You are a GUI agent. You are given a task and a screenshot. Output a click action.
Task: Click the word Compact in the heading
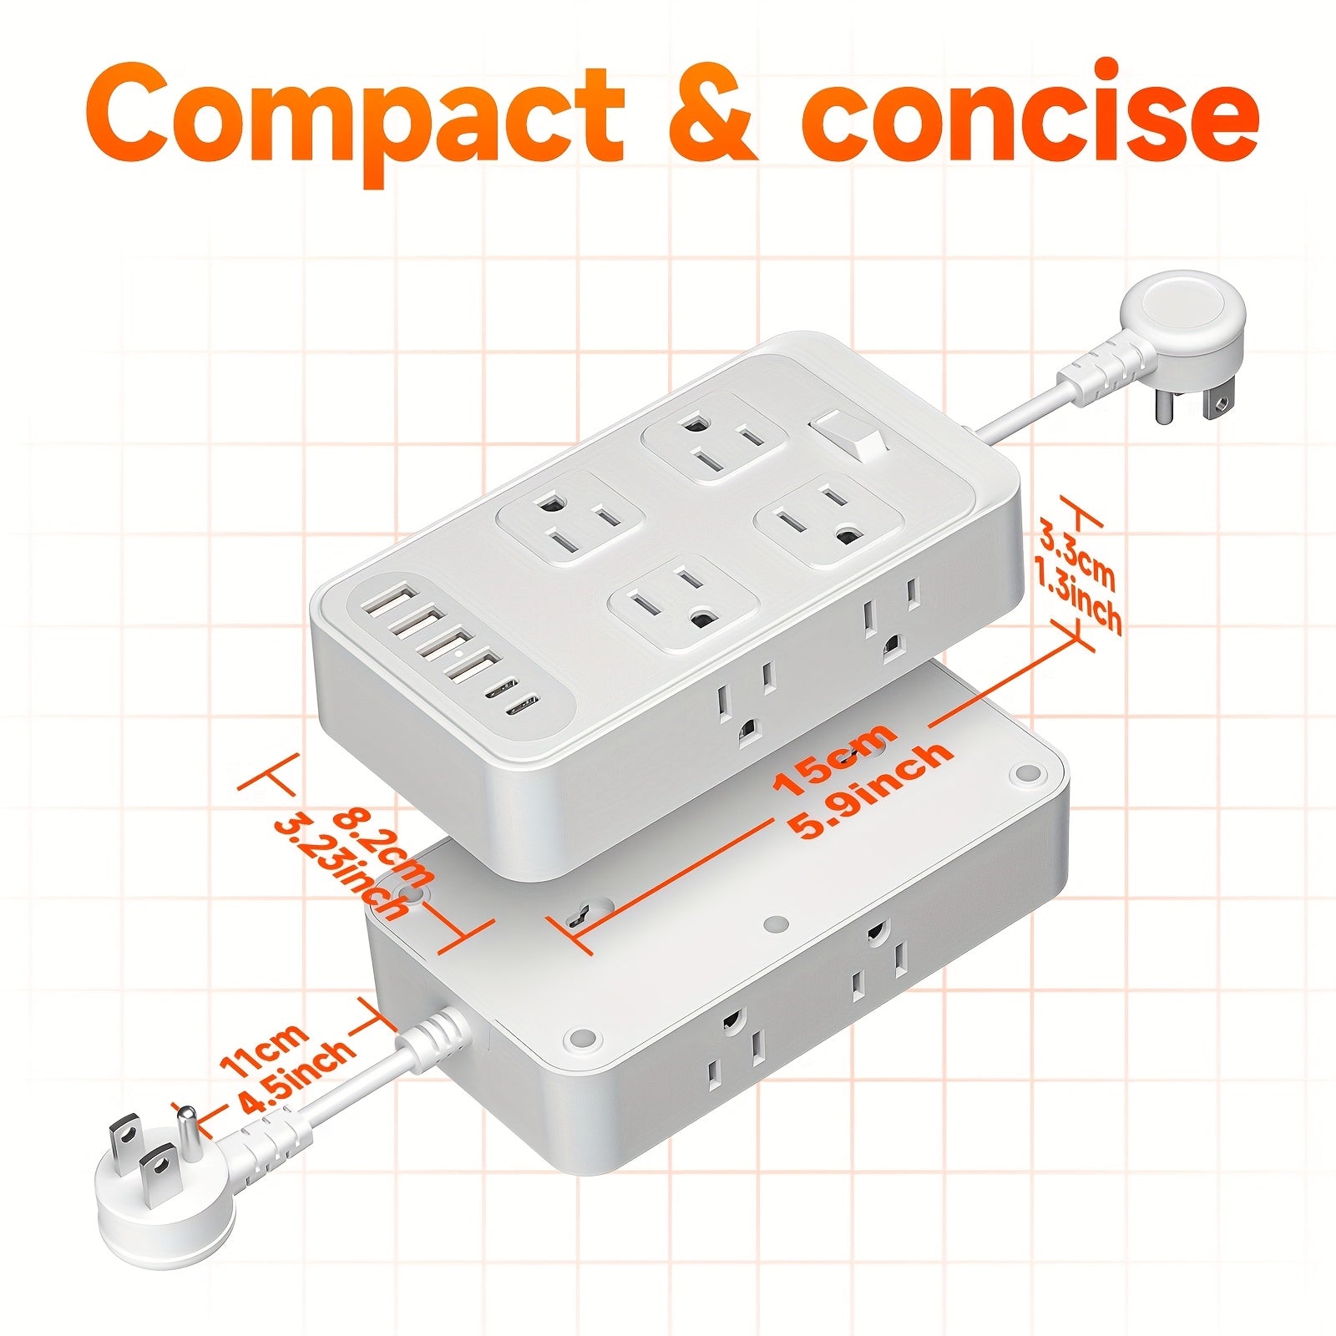tap(355, 113)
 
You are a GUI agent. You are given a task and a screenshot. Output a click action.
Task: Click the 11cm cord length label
tap(263, 1052)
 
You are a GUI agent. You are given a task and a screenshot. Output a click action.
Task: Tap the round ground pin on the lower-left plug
tap(188, 1125)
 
